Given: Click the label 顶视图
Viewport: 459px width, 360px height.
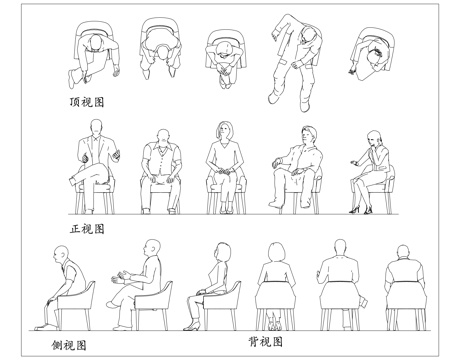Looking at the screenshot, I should [x=84, y=102].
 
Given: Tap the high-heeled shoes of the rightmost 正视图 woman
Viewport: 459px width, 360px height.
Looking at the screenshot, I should [x=356, y=209].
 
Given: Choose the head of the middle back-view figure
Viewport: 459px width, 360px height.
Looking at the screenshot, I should [x=334, y=252].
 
